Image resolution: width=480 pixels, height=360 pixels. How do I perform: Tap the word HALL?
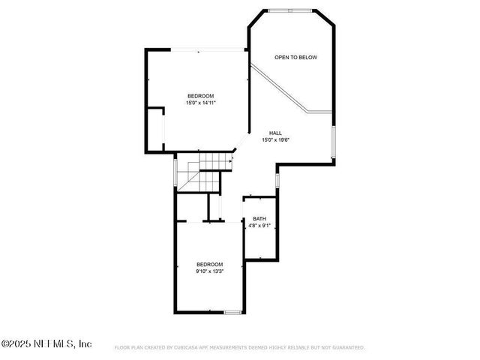(276, 133)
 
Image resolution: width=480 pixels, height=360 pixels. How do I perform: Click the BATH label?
(259, 219)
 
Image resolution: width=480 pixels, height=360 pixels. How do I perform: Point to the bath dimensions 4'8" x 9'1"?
(259, 226)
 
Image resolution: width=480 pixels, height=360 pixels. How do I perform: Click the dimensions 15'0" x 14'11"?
(201, 103)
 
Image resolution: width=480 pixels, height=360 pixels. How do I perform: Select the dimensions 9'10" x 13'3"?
(210, 271)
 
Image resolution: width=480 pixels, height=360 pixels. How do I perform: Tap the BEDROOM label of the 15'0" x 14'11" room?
(201, 95)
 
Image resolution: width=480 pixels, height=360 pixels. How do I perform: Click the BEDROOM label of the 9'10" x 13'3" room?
(210, 264)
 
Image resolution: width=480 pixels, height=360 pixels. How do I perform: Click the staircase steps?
(206, 169)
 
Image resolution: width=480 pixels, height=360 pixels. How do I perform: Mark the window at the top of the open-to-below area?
(291, 10)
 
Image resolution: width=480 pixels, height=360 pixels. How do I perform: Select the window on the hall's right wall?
(332, 142)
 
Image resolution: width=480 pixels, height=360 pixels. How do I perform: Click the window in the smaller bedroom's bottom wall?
(233, 311)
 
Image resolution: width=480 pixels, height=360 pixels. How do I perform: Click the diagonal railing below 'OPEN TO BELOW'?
(281, 88)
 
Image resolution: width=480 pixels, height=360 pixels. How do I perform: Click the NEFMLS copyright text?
(46, 343)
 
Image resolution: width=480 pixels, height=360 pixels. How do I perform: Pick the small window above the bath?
(277, 181)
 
